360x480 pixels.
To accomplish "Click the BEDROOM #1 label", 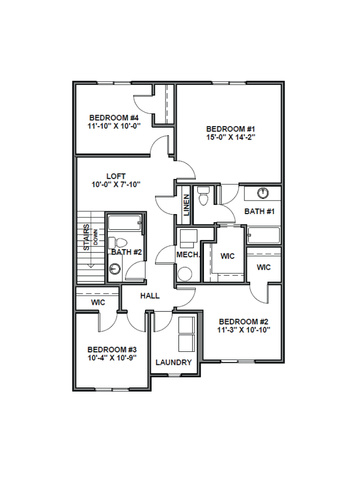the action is click(x=231, y=129).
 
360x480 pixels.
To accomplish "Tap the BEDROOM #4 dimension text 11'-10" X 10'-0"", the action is click(x=114, y=126).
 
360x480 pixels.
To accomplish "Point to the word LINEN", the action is click(x=187, y=205).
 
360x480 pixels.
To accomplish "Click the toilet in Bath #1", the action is click(x=203, y=195).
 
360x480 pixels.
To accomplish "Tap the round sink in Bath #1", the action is click(x=263, y=193).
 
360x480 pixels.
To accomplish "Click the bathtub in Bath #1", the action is click(x=264, y=235).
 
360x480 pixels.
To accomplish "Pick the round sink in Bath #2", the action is click(x=115, y=269).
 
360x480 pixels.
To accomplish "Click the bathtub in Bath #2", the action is click(x=125, y=222).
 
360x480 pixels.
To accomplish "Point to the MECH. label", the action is click(x=189, y=255).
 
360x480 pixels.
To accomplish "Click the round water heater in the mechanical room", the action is click(x=185, y=274).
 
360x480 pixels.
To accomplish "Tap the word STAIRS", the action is click(x=87, y=238).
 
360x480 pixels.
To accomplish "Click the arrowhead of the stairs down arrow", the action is click(x=90, y=265).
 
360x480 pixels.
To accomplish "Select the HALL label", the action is click(x=150, y=296).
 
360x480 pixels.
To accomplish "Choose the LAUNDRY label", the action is click(x=174, y=362).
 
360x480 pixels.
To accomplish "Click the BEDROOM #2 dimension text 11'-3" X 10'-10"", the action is click(x=244, y=330).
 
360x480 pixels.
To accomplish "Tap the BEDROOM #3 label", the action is click(x=112, y=350).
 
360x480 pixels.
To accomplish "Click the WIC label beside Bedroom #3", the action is click(x=98, y=302).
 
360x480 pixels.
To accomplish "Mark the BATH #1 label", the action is click(x=260, y=211).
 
